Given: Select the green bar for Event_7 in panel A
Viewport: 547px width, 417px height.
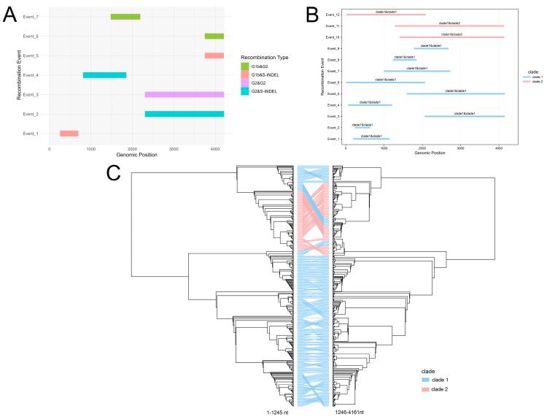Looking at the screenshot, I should click(x=125, y=16).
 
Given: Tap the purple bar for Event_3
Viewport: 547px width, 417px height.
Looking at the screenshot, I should click(x=185, y=94).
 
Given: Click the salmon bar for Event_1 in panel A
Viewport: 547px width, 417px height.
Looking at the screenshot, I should click(x=69, y=134).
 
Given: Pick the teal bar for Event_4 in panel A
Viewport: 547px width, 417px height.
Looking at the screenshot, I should click(x=104, y=75).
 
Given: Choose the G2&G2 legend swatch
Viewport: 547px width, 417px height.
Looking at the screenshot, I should click(x=245, y=87).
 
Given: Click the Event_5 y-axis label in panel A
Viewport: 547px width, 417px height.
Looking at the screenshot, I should click(x=31, y=56).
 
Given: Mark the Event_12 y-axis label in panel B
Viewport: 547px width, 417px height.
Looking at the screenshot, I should click(x=333, y=15).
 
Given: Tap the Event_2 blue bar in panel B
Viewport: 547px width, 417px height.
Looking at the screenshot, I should click(x=362, y=128).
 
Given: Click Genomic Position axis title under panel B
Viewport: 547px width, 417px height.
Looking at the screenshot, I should click(x=428, y=153).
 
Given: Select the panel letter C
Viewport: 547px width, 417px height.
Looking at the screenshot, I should click(x=113, y=172).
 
